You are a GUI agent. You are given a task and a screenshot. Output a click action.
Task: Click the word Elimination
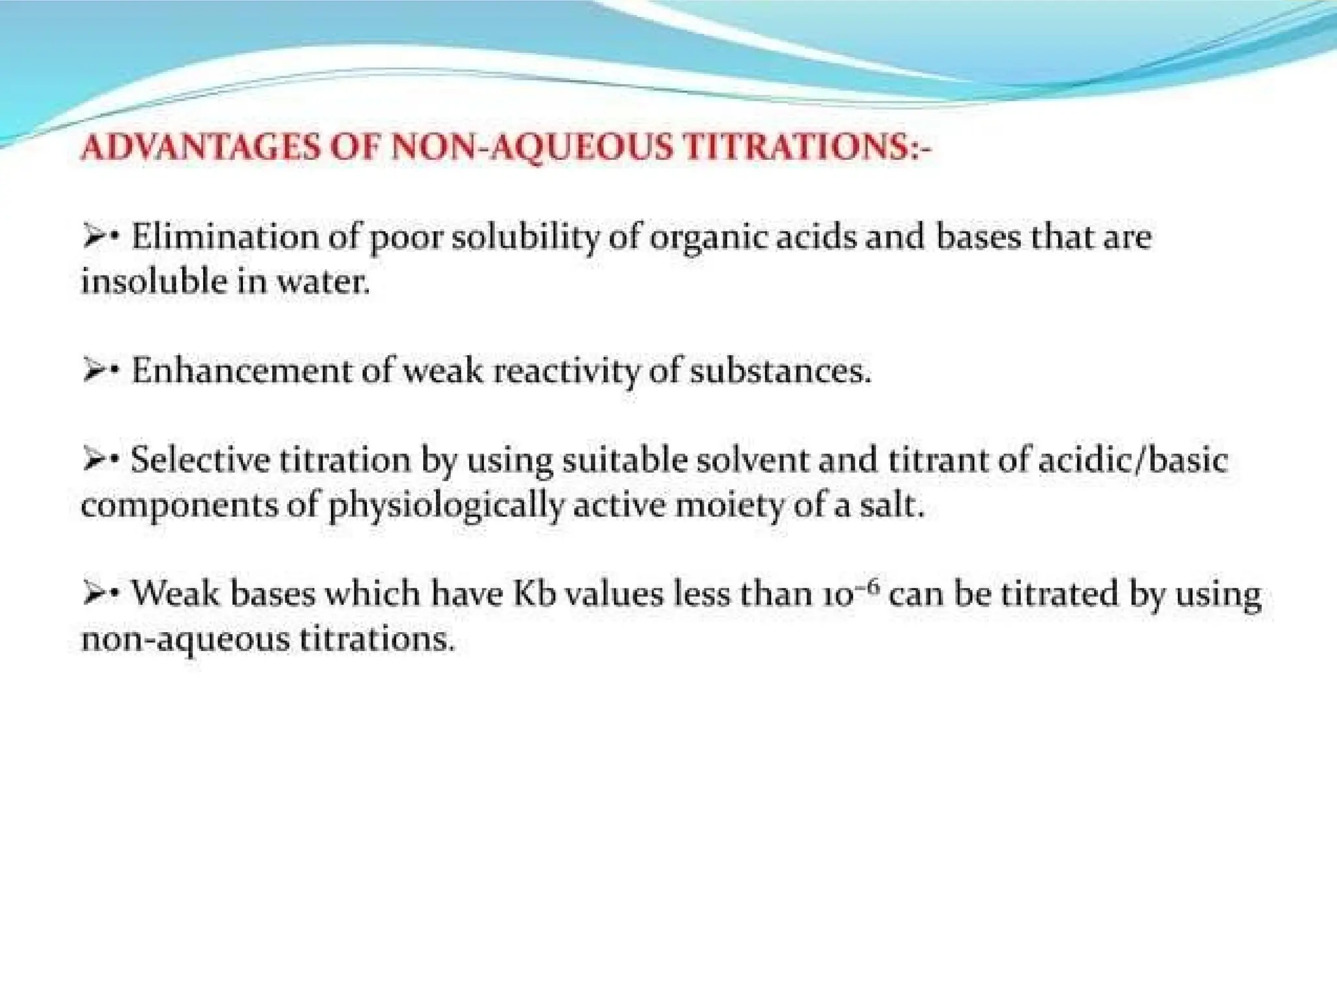(225, 236)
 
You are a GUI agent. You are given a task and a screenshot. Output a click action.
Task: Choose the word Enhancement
(241, 371)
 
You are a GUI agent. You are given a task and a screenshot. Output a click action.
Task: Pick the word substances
(779, 371)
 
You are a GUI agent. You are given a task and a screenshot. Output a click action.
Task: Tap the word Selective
(200, 460)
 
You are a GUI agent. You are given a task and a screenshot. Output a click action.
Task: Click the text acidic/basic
(1133, 460)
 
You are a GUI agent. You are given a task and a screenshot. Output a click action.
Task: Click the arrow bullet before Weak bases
(94, 594)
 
